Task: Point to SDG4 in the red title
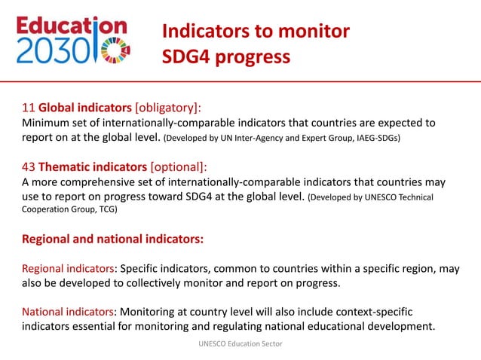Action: click(190, 57)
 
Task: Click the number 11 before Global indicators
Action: click(28, 107)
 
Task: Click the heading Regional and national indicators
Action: click(112, 240)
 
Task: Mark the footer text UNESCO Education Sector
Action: click(240, 344)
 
